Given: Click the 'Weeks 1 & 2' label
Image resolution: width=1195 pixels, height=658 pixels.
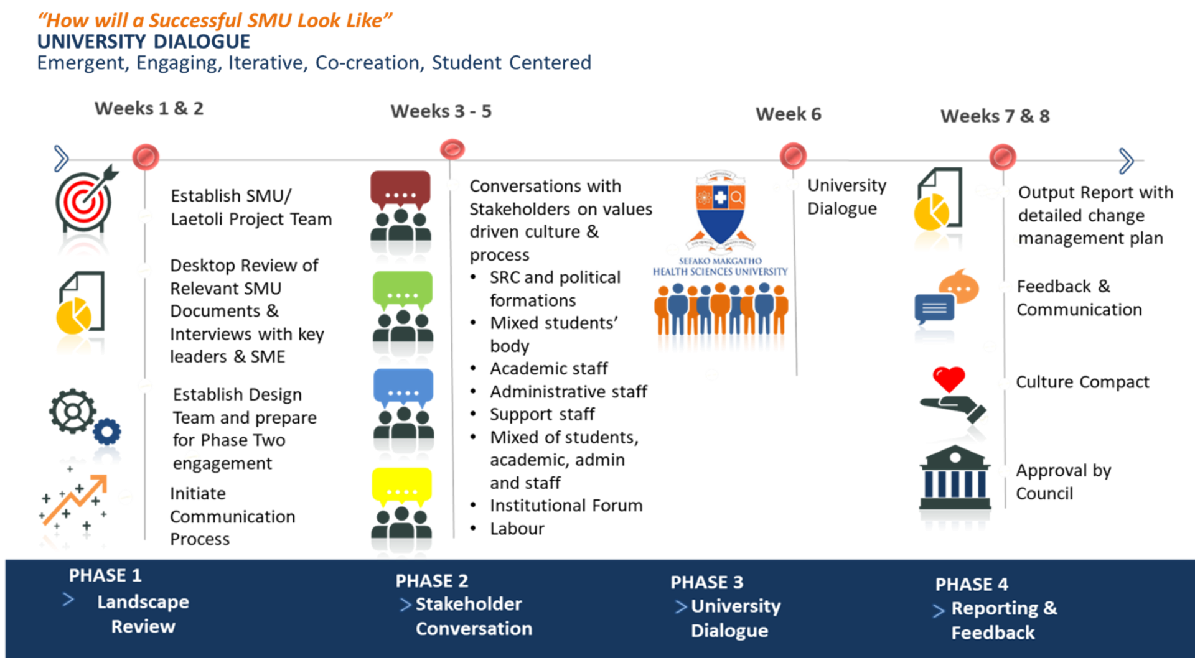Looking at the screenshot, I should point(149,109).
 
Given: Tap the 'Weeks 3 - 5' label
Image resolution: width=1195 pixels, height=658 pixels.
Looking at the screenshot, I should point(441,111).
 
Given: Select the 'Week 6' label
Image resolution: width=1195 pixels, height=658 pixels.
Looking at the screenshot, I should point(788,114).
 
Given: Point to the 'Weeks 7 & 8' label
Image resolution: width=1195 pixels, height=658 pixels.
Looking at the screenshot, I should point(995,116).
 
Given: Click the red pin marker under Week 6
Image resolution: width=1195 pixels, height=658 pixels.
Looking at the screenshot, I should point(793,155).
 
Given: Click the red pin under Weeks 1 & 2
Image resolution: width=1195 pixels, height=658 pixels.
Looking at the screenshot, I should point(146,157).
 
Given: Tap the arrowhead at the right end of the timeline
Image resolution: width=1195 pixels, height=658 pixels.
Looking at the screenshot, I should point(1125,161).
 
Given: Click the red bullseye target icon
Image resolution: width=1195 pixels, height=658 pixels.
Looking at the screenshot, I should point(84,201).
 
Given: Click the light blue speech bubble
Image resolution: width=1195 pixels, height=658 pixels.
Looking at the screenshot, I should point(403,386).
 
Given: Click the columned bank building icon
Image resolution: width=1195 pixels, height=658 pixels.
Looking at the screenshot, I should point(955,488).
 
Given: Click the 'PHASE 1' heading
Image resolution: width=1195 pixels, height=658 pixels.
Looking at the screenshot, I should point(105,576).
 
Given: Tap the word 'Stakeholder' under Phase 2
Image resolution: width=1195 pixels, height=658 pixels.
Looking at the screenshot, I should point(468,605).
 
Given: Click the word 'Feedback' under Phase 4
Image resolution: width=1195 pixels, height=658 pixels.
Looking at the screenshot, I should point(993,633).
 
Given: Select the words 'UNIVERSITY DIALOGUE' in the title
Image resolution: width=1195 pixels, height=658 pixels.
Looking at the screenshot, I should point(144,42).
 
